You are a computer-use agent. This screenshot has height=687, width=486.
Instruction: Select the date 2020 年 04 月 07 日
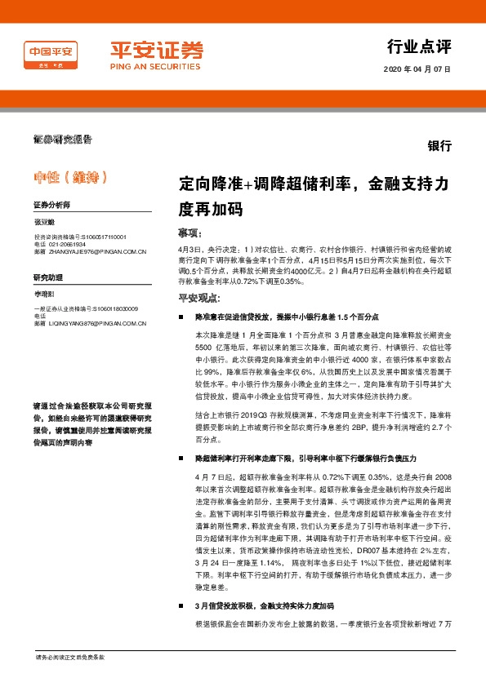pos(417,69)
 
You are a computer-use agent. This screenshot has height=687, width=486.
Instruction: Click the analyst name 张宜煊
pos(43,223)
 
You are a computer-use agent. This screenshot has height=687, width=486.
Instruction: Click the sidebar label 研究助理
pos(47,277)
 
